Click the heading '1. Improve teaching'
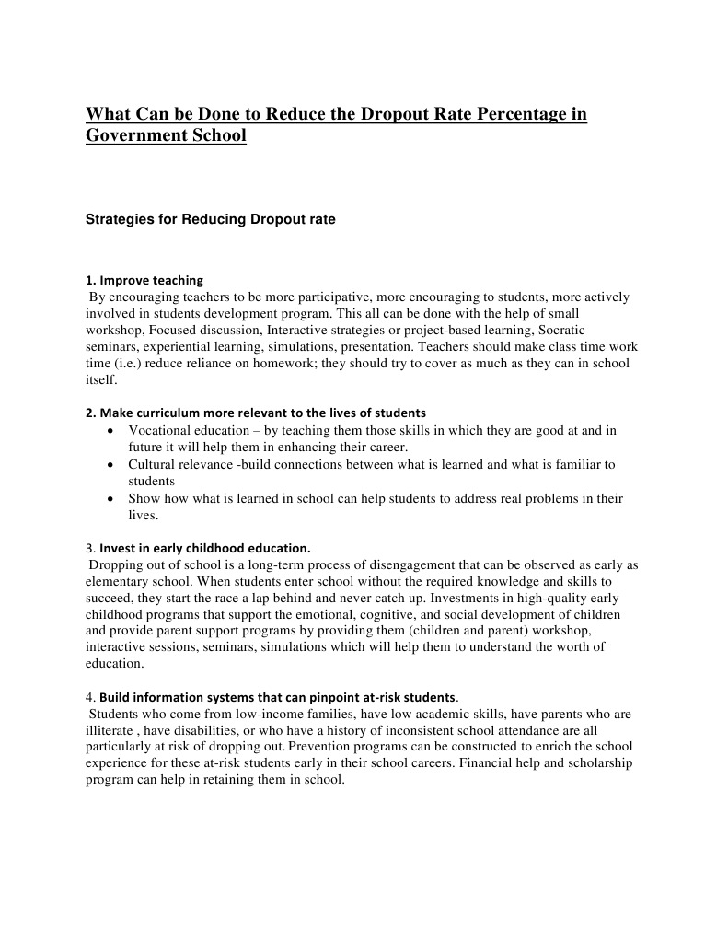pyautogui.click(x=144, y=280)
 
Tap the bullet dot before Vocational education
pyautogui.click(x=110, y=430)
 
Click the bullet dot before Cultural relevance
pyautogui.click(x=110, y=464)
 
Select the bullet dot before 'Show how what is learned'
pyautogui.click(x=110, y=498)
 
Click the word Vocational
pyautogui.click(x=162, y=430)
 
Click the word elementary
pyautogui.click(x=120, y=582)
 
